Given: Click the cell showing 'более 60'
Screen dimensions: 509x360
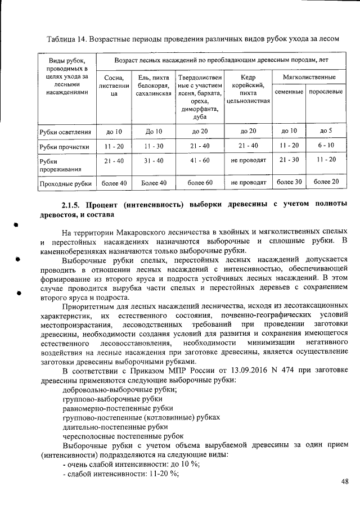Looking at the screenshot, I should click(x=200, y=182).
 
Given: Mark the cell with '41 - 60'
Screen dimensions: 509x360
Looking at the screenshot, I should click(x=200, y=160).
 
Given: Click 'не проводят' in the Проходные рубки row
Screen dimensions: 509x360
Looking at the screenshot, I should click(x=248, y=182).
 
